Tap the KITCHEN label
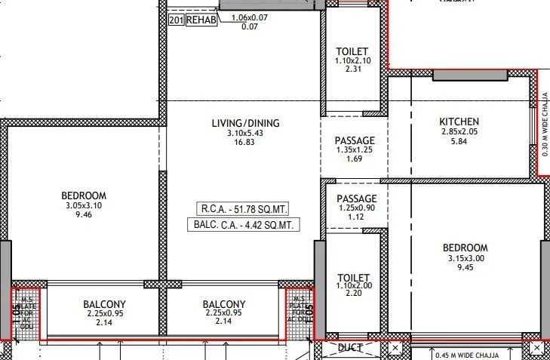coord(459,122)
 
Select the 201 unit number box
coord(176,20)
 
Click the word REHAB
coord(201,20)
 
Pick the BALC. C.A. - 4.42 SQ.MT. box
coord(243,225)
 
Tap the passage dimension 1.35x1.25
coord(354,149)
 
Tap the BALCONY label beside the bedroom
coord(104,305)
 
